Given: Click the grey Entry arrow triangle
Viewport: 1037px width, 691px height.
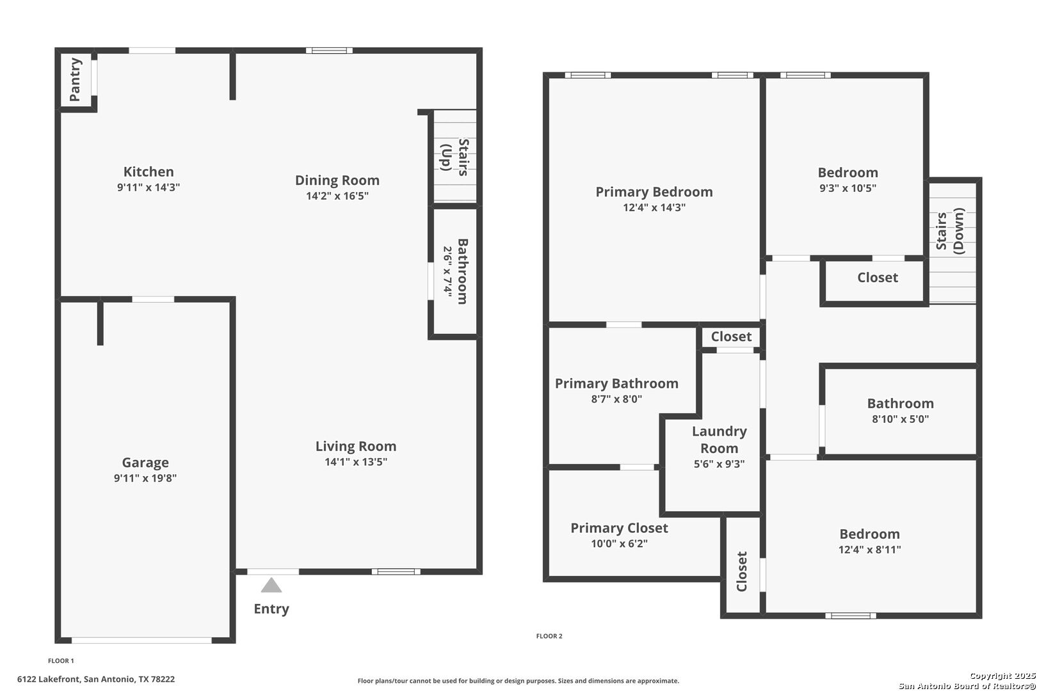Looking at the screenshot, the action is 271,585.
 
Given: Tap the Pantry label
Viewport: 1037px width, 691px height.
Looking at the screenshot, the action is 75,79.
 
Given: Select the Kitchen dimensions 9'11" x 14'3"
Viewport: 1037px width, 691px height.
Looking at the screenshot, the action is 149,187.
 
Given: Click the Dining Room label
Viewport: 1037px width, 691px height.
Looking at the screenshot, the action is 337,180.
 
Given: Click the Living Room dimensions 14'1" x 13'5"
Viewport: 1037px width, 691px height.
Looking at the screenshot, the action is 355,462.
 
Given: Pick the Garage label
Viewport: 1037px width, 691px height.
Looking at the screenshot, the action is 145,463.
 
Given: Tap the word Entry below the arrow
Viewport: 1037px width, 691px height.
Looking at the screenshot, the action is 271,609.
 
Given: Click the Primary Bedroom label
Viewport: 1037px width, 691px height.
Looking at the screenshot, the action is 654,192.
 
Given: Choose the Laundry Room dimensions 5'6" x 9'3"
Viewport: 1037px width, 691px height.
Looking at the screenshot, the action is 719,464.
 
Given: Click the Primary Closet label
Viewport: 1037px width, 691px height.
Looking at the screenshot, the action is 619,528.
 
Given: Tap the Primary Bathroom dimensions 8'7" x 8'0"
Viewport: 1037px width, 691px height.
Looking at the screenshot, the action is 616,399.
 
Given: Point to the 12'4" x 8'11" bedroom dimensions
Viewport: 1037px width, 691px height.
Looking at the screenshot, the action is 869,550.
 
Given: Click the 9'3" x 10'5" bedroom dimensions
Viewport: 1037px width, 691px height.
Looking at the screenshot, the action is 848,188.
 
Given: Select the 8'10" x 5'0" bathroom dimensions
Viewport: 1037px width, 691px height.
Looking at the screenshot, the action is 901,419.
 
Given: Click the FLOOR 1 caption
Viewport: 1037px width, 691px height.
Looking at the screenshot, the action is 61,661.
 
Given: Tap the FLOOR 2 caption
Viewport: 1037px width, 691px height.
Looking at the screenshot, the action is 549,637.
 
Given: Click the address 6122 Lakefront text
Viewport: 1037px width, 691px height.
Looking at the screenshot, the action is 49,679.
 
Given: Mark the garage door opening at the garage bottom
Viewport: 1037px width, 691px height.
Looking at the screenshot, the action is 141,640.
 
